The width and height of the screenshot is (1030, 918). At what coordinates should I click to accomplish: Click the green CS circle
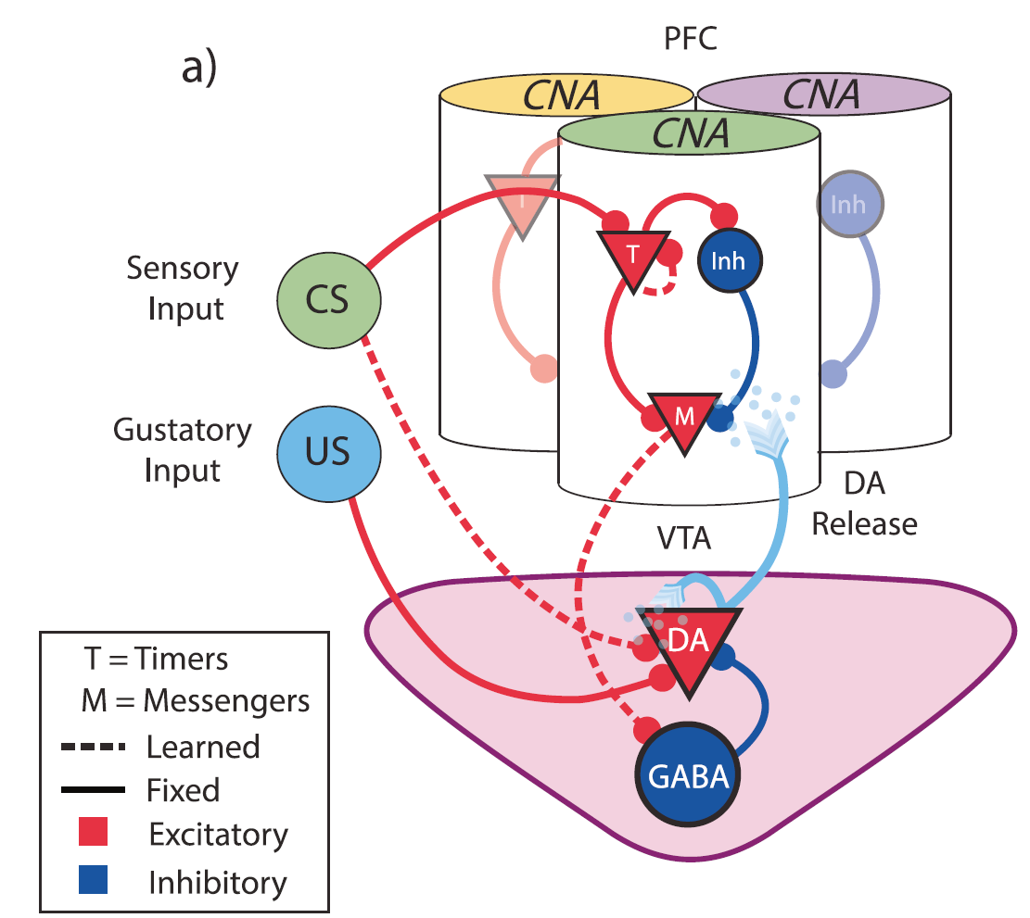click(317, 300)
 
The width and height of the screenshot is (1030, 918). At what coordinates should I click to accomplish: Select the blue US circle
click(317, 454)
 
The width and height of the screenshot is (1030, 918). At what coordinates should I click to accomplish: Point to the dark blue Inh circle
click(729, 259)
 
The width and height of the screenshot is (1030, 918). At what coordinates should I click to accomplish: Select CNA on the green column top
click(690, 133)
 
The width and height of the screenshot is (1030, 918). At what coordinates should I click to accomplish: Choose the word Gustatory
click(183, 431)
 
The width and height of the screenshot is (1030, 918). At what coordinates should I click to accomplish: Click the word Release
click(865, 523)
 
